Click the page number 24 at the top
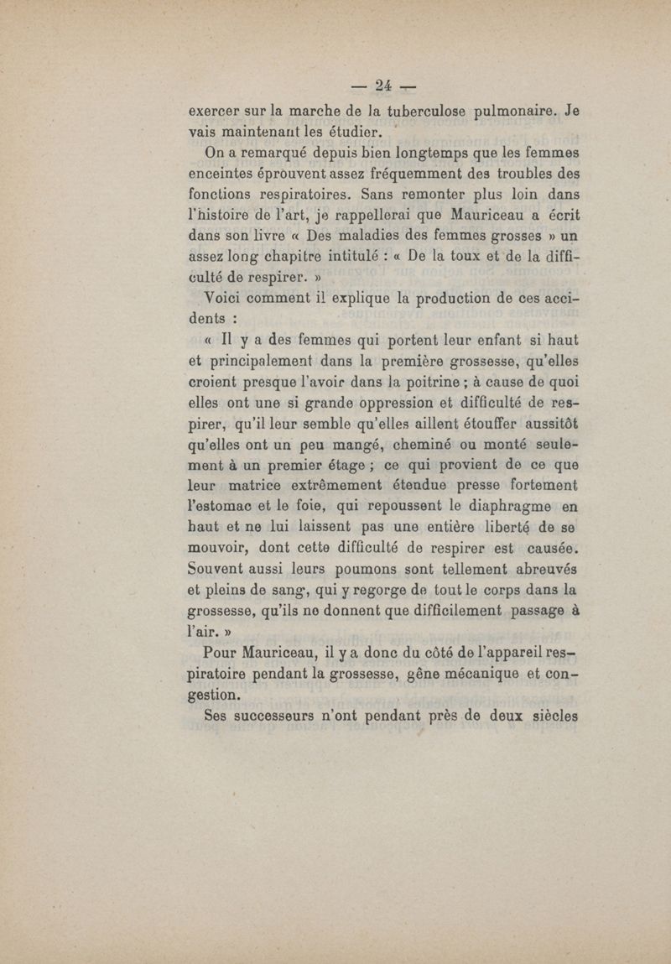(x=386, y=85)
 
